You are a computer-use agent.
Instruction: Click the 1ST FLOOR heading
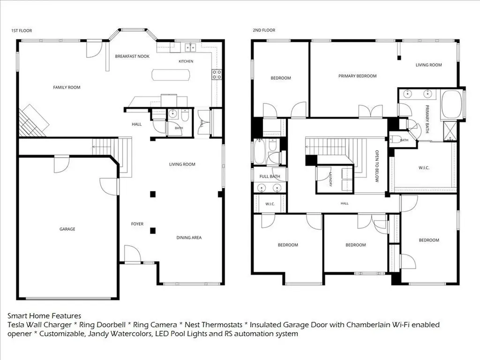[x=22, y=30]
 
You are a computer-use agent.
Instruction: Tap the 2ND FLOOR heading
[x=264, y=30]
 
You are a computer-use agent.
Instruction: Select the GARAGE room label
[x=67, y=229]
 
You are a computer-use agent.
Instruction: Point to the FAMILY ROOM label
[x=67, y=87]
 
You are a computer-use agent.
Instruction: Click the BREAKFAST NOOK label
[x=132, y=56]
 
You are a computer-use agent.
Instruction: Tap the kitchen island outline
[x=171, y=75]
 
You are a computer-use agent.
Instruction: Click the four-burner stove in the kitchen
[x=217, y=75]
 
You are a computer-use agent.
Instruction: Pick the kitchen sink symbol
[x=190, y=47]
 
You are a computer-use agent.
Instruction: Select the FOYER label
[x=137, y=224]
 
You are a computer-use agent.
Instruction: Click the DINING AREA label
[x=189, y=238]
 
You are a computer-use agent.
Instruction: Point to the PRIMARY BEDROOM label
[x=358, y=76]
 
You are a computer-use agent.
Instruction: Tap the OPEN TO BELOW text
[x=377, y=166]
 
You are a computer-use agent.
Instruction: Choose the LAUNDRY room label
[x=330, y=179]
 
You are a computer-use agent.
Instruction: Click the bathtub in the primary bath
[x=451, y=104]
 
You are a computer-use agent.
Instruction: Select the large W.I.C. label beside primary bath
[x=424, y=168]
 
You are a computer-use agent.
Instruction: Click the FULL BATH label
[x=270, y=176]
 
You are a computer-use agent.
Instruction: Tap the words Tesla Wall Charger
[x=39, y=324]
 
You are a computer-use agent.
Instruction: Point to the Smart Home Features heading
[x=45, y=315]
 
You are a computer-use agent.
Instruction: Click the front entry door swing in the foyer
[x=132, y=253]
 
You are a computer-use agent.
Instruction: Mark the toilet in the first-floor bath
[x=185, y=115]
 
